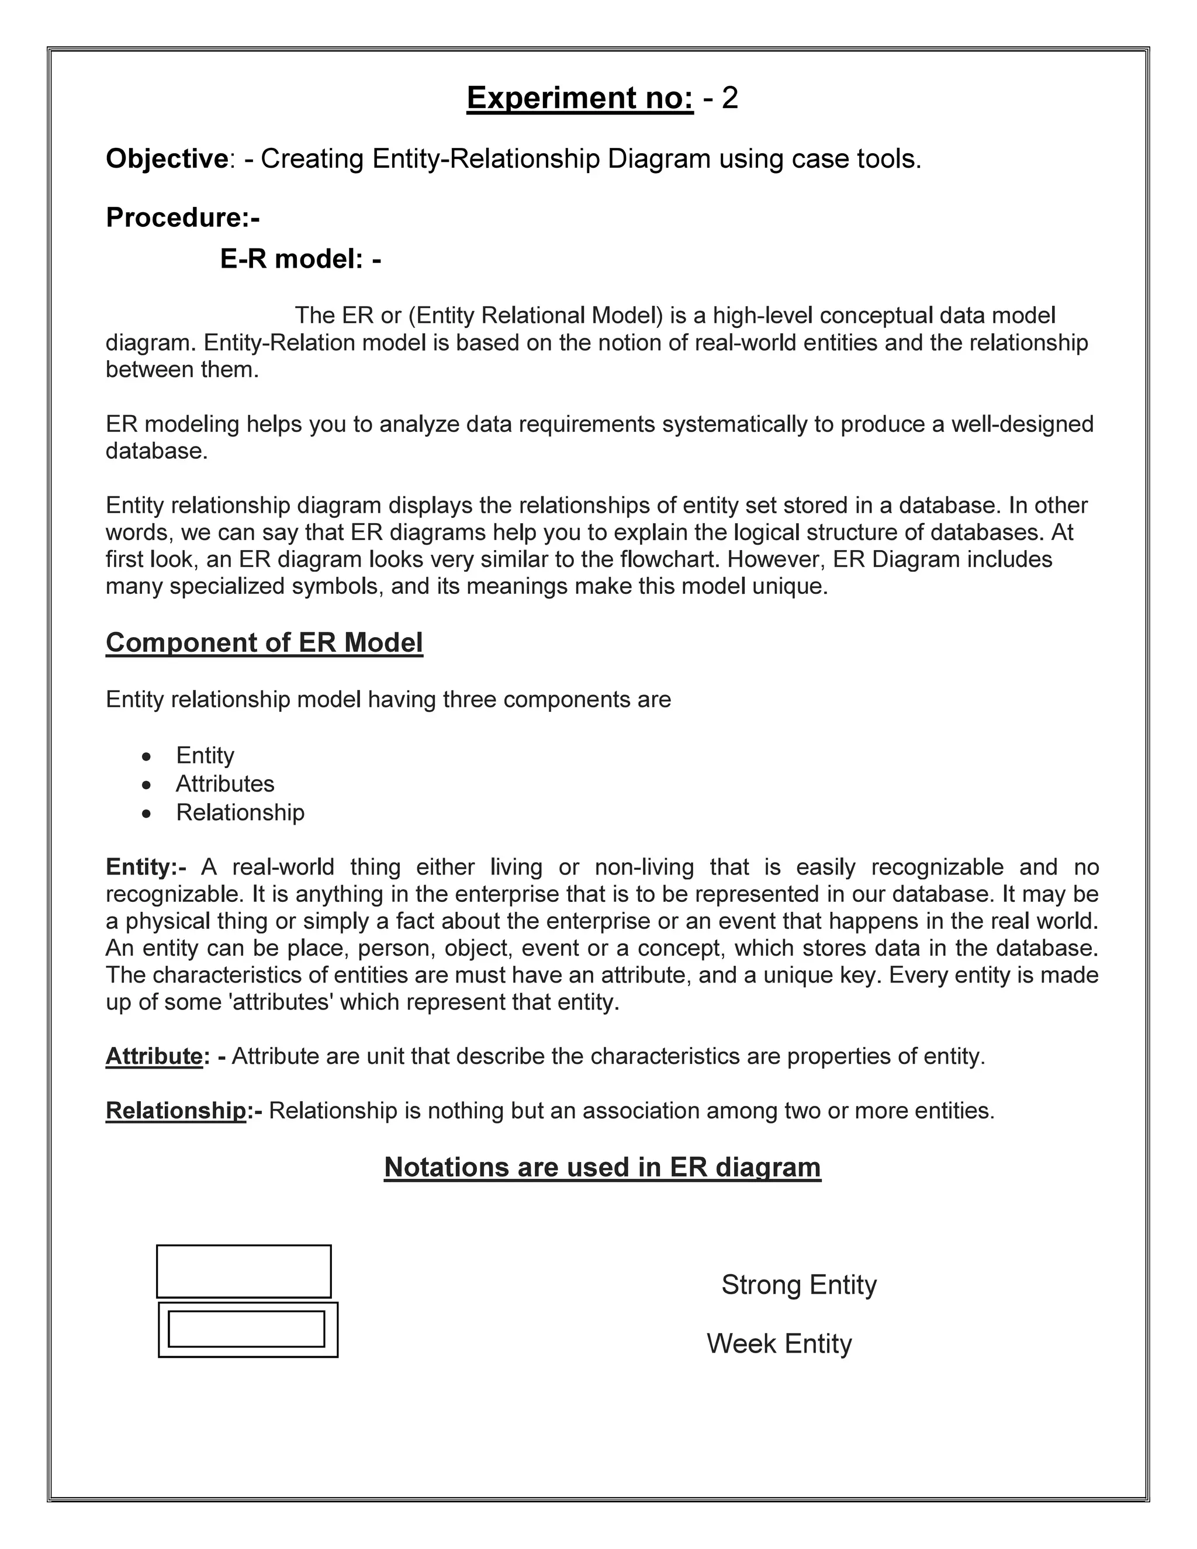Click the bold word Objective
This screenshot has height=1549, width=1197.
(167, 159)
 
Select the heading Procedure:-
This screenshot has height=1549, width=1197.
(183, 218)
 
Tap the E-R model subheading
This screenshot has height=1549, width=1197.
(300, 260)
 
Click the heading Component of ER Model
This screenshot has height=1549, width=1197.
(264, 642)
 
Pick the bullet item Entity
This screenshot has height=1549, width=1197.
(205, 755)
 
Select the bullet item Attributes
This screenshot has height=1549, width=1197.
(225, 784)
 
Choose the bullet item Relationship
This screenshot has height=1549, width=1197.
(240, 812)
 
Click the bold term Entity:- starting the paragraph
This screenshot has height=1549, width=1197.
(146, 867)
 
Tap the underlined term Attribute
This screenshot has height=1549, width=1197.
(154, 1056)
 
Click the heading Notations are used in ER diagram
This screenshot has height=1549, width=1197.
(602, 1167)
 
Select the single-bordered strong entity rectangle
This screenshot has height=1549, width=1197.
(243, 1271)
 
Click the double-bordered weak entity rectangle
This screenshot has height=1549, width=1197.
(247, 1329)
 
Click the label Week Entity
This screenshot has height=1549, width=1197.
(779, 1343)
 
